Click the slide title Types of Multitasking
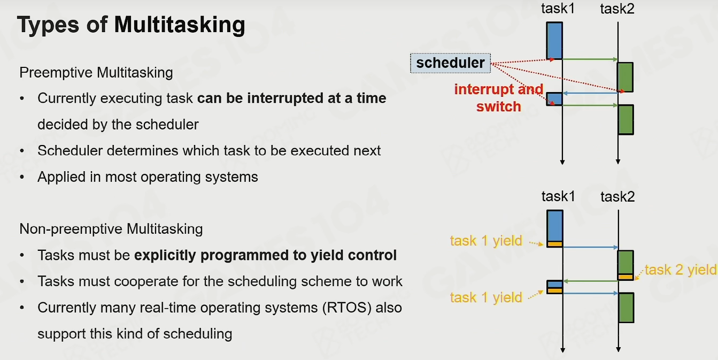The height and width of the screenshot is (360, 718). point(131,25)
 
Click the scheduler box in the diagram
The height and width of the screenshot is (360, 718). point(450,63)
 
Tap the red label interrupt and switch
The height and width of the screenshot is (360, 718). point(499,98)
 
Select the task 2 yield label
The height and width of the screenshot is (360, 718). point(681,270)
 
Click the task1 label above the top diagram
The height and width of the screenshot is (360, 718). point(558,9)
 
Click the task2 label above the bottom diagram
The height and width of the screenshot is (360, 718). point(617,196)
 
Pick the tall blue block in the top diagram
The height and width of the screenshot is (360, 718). point(554,41)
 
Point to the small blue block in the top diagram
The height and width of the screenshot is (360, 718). point(554,99)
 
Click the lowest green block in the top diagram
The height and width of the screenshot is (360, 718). point(626,120)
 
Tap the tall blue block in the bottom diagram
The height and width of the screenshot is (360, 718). point(555,228)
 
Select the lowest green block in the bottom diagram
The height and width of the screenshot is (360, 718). point(627,308)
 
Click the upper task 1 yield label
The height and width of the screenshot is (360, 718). point(487,241)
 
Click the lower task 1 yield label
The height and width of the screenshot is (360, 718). point(487,297)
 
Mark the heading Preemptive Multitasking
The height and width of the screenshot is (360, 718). point(96,73)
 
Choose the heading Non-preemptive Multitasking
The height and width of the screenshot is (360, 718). point(111,229)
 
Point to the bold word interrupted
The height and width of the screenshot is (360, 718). point(285,98)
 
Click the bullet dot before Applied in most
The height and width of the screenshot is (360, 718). point(22,177)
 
